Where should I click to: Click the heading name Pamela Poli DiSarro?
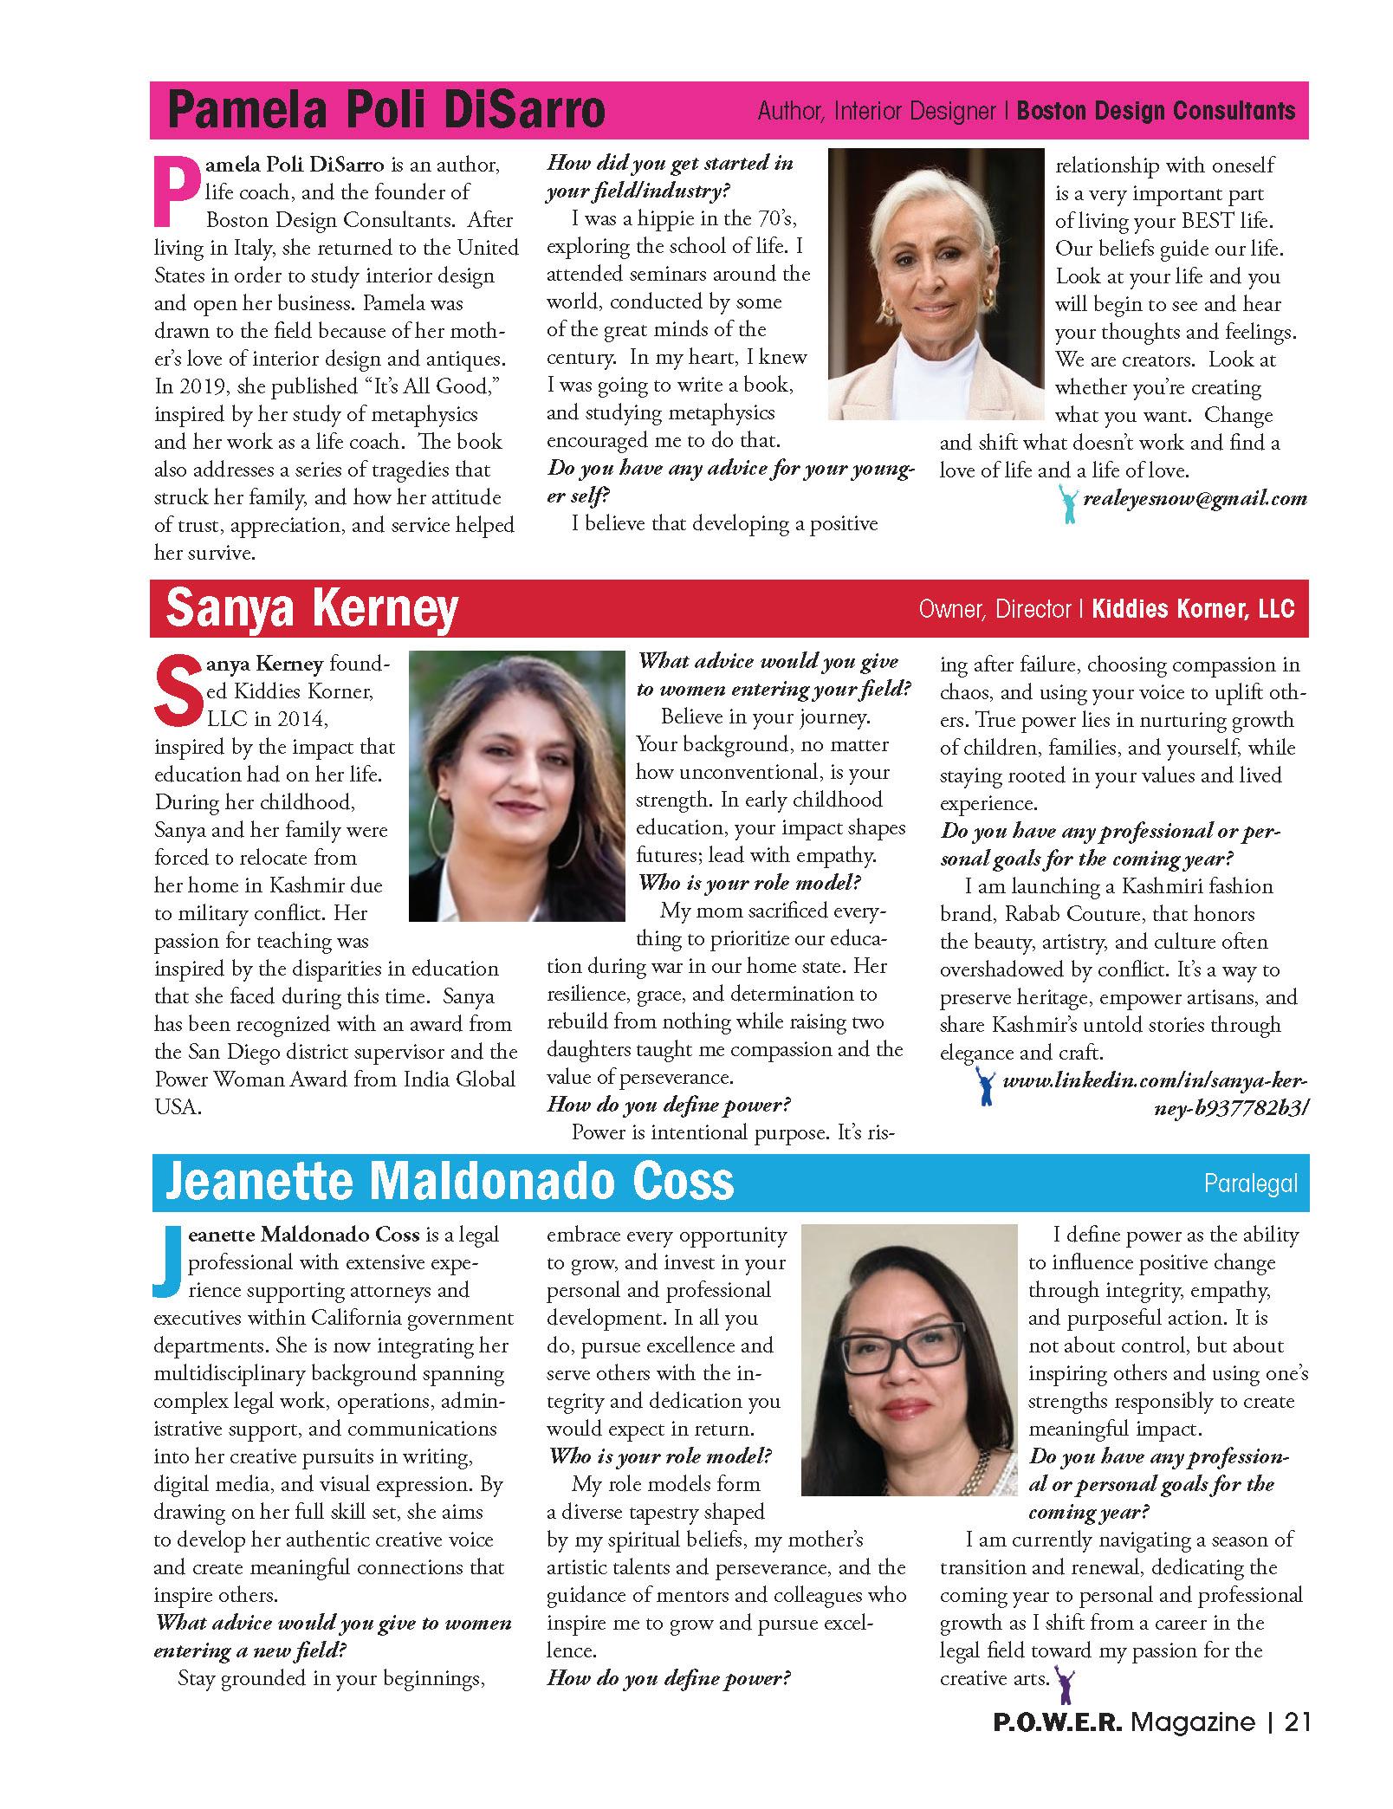tap(386, 111)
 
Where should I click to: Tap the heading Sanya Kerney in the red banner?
tap(311, 608)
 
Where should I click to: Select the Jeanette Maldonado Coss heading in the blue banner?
tap(449, 1182)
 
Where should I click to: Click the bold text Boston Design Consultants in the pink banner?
tap(1156, 111)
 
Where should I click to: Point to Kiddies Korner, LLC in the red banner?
tap(1192, 609)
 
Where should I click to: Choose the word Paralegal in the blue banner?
tap(1250, 1183)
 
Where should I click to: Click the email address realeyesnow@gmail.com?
tap(1195, 498)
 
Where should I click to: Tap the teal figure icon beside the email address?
tap(1069, 503)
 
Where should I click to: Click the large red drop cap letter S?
tap(176, 691)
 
